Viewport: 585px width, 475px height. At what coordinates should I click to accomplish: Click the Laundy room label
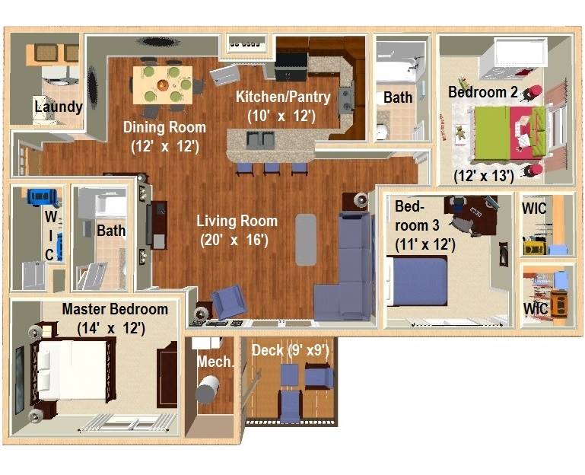(x=59, y=107)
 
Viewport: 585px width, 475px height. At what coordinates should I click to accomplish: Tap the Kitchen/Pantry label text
(x=283, y=97)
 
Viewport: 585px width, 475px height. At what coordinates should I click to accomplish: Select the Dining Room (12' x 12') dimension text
(x=165, y=146)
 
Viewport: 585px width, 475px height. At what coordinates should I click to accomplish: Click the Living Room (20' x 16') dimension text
(x=234, y=240)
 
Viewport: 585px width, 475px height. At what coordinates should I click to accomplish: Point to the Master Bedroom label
(x=115, y=309)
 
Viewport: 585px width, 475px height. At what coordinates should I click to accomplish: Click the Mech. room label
(x=215, y=362)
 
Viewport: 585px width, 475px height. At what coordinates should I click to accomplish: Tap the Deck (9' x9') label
(x=291, y=351)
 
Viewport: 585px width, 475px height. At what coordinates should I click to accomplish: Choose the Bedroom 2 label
(x=483, y=92)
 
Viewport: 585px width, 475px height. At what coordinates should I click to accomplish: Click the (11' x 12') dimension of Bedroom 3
(x=425, y=244)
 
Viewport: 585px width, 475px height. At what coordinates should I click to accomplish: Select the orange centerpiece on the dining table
(x=163, y=85)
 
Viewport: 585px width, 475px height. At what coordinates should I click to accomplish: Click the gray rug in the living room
(x=306, y=239)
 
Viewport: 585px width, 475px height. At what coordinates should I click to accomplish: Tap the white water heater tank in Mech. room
(x=207, y=389)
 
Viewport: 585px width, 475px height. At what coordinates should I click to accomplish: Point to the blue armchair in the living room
(x=228, y=301)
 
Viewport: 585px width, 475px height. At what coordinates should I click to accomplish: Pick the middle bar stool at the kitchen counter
(x=272, y=169)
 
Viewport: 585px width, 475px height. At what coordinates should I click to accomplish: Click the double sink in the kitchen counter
(x=260, y=140)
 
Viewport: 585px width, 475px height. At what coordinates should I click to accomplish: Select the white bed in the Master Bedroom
(x=72, y=369)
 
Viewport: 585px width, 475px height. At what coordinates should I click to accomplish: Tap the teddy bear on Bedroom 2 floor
(x=461, y=132)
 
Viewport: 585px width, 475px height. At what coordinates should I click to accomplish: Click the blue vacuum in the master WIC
(x=43, y=198)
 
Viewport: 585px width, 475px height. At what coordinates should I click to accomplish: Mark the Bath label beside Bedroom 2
(x=398, y=98)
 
